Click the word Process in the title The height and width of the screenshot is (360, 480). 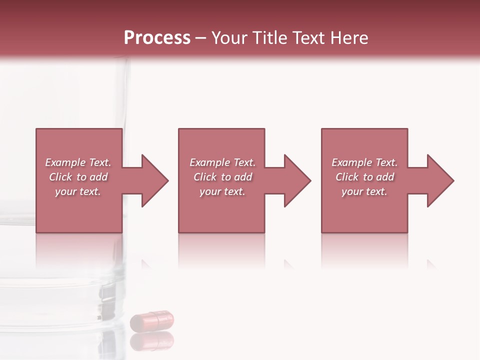(x=157, y=38)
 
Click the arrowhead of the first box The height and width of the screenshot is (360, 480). (x=153, y=180)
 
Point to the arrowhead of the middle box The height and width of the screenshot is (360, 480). (x=295, y=180)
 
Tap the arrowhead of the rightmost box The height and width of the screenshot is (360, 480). (x=438, y=180)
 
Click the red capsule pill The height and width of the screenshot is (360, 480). (x=152, y=320)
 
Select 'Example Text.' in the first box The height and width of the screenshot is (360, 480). (x=78, y=162)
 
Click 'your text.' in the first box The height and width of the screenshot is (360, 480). (x=78, y=191)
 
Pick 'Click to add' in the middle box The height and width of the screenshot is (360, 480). (x=222, y=177)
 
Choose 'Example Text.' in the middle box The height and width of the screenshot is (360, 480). (x=222, y=162)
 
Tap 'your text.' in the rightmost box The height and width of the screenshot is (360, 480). (x=364, y=191)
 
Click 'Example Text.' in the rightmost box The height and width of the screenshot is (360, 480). (x=364, y=162)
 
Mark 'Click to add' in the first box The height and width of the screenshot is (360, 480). (x=78, y=177)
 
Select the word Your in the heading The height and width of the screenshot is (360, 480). (x=229, y=38)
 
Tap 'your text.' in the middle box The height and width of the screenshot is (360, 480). (x=222, y=191)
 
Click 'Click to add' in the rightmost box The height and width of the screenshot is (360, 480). (x=364, y=177)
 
